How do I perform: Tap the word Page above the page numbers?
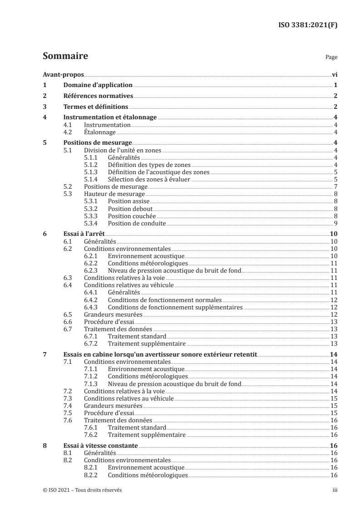[331, 58]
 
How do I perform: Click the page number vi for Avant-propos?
[334, 75]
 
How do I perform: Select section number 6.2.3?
[93, 271]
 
